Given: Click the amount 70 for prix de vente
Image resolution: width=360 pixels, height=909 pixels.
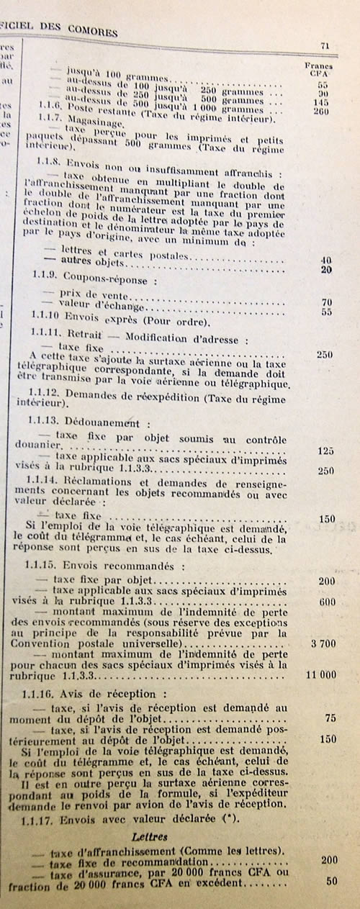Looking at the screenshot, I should tap(326, 302).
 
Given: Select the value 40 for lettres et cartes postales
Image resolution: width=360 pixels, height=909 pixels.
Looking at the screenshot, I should tap(325, 259).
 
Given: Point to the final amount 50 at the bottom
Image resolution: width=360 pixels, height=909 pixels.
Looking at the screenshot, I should tap(331, 881).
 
